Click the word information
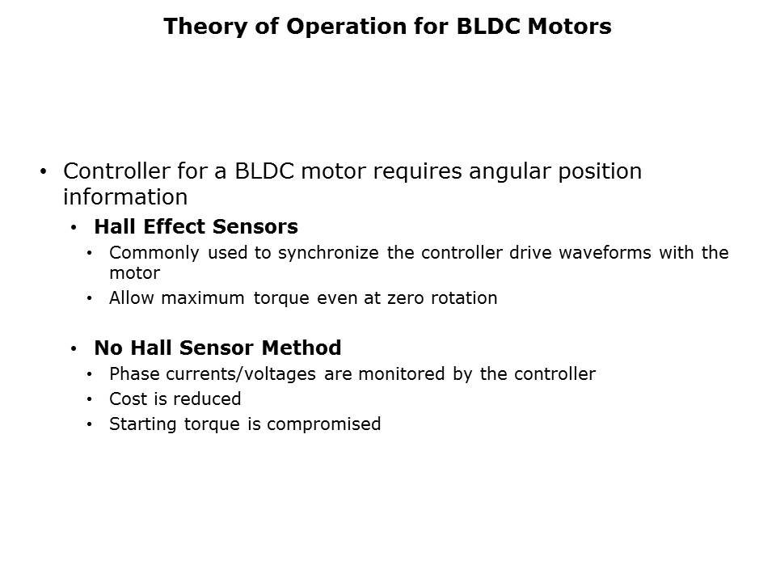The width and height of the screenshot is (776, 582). pos(125,197)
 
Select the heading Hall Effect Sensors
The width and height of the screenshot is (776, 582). pos(196,226)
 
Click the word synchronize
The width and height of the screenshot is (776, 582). pos(328,253)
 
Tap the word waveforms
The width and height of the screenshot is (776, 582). pos(605,252)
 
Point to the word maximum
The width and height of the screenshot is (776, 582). pos(203,298)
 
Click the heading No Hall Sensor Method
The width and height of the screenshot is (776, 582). pos(217,348)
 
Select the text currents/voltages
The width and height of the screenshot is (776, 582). pos(241,374)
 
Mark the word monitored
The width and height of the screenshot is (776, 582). pos(402,373)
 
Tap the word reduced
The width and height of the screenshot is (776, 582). pos(207,399)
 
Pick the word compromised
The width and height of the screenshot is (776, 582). pos(323,424)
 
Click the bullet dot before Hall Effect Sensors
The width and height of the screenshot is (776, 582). pos(74,228)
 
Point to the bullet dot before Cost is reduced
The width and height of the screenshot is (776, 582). pos(89,399)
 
